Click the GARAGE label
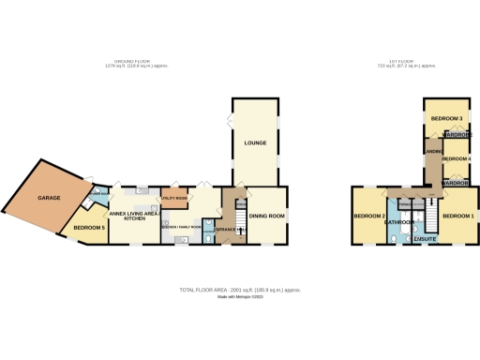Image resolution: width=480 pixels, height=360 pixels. (49, 199)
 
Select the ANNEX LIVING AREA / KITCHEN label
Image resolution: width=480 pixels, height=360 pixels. (132, 217)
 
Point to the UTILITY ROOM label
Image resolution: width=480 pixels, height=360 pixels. (175, 200)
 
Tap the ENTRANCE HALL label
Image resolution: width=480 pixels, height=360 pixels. (230, 229)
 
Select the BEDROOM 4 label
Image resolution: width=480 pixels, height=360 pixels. (456, 159)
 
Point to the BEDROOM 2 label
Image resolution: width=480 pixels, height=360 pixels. (369, 217)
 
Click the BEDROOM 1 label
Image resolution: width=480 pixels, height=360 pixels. (458, 217)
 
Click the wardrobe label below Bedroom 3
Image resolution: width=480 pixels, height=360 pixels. (457, 135)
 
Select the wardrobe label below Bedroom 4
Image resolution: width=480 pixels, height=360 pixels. (456, 182)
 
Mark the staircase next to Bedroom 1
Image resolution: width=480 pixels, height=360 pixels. (433, 217)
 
